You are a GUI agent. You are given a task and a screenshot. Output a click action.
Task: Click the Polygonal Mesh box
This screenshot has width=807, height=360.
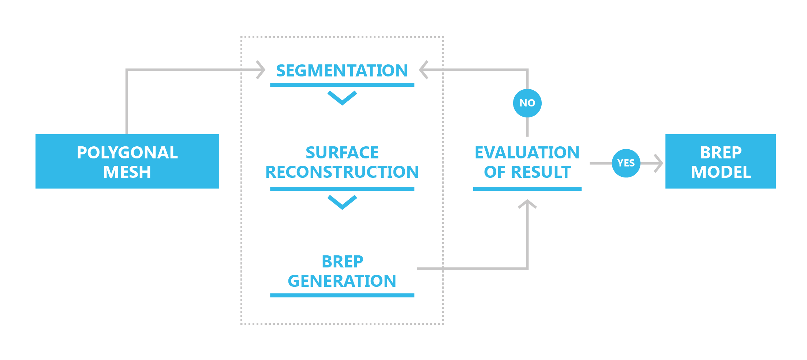point(127,161)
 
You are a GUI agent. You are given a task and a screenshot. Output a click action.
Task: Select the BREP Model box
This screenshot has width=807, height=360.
point(720,161)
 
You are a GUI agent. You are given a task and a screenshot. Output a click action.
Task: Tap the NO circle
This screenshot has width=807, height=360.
point(527,103)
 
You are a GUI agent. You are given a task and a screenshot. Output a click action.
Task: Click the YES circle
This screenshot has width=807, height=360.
point(626,163)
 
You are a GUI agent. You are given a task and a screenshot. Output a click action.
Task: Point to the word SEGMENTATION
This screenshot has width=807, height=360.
point(342,71)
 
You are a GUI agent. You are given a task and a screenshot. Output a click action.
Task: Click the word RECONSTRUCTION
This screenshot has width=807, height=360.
point(342,172)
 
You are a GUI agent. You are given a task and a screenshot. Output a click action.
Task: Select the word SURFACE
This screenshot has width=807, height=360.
point(342,153)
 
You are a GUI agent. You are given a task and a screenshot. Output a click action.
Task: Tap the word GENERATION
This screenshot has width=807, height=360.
point(342,281)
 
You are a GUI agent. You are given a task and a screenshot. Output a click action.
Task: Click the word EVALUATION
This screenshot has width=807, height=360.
point(527,153)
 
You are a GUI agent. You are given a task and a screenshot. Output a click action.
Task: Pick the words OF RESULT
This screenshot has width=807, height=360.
point(527,172)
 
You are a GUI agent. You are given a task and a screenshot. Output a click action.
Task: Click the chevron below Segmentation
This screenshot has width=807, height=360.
point(342,98)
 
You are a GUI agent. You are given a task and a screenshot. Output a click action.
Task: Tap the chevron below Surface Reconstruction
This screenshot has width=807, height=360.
point(342,202)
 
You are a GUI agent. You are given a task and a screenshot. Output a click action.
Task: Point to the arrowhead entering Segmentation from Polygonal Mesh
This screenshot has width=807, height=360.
point(261,70)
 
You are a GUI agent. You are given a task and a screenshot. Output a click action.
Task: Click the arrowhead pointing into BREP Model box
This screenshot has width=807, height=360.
point(658,163)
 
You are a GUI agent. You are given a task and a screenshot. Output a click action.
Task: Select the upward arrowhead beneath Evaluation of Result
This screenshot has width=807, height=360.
point(527,204)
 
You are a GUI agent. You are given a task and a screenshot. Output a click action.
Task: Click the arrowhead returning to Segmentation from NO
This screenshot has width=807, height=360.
point(423,70)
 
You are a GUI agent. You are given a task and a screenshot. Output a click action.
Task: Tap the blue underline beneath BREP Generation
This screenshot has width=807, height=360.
point(342,295)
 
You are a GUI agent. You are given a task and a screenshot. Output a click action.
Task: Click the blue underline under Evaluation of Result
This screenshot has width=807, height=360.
point(527,189)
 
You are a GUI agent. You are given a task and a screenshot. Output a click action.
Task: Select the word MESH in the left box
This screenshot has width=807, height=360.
point(127,172)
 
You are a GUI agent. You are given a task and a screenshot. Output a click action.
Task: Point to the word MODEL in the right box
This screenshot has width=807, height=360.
point(721,172)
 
